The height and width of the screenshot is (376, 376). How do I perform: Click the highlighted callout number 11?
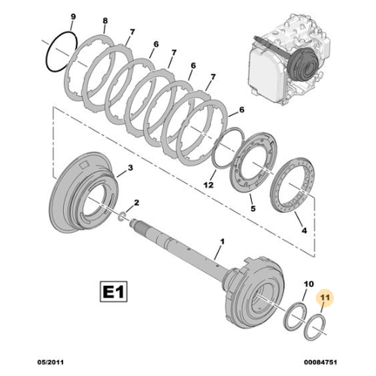click(x=325, y=298)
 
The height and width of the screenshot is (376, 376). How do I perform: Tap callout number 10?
click(x=308, y=284)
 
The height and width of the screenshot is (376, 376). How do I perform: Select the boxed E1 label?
click(x=114, y=292)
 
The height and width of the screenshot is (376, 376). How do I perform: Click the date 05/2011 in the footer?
click(x=50, y=362)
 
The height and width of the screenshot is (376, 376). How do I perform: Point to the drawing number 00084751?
click(x=320, y=362)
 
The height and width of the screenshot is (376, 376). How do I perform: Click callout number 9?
click(x=73, y=17)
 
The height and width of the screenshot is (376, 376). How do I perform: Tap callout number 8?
click(x=105, y=21)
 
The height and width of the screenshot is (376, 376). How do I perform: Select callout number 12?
click(x=208, y=185)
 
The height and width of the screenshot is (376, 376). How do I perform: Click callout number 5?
click(x=253, y=208)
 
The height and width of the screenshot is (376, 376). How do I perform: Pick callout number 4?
click(x=304, y=230)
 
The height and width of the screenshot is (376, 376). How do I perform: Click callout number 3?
click(x=130, y=168)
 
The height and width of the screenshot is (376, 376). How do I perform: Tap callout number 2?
click(x=136, y=202)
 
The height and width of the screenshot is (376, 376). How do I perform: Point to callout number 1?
click(x=222, y=241)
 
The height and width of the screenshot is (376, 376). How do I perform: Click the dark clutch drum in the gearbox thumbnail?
click(x=303, y=65)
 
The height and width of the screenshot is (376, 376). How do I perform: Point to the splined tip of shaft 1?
click(x=135, y=224)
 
